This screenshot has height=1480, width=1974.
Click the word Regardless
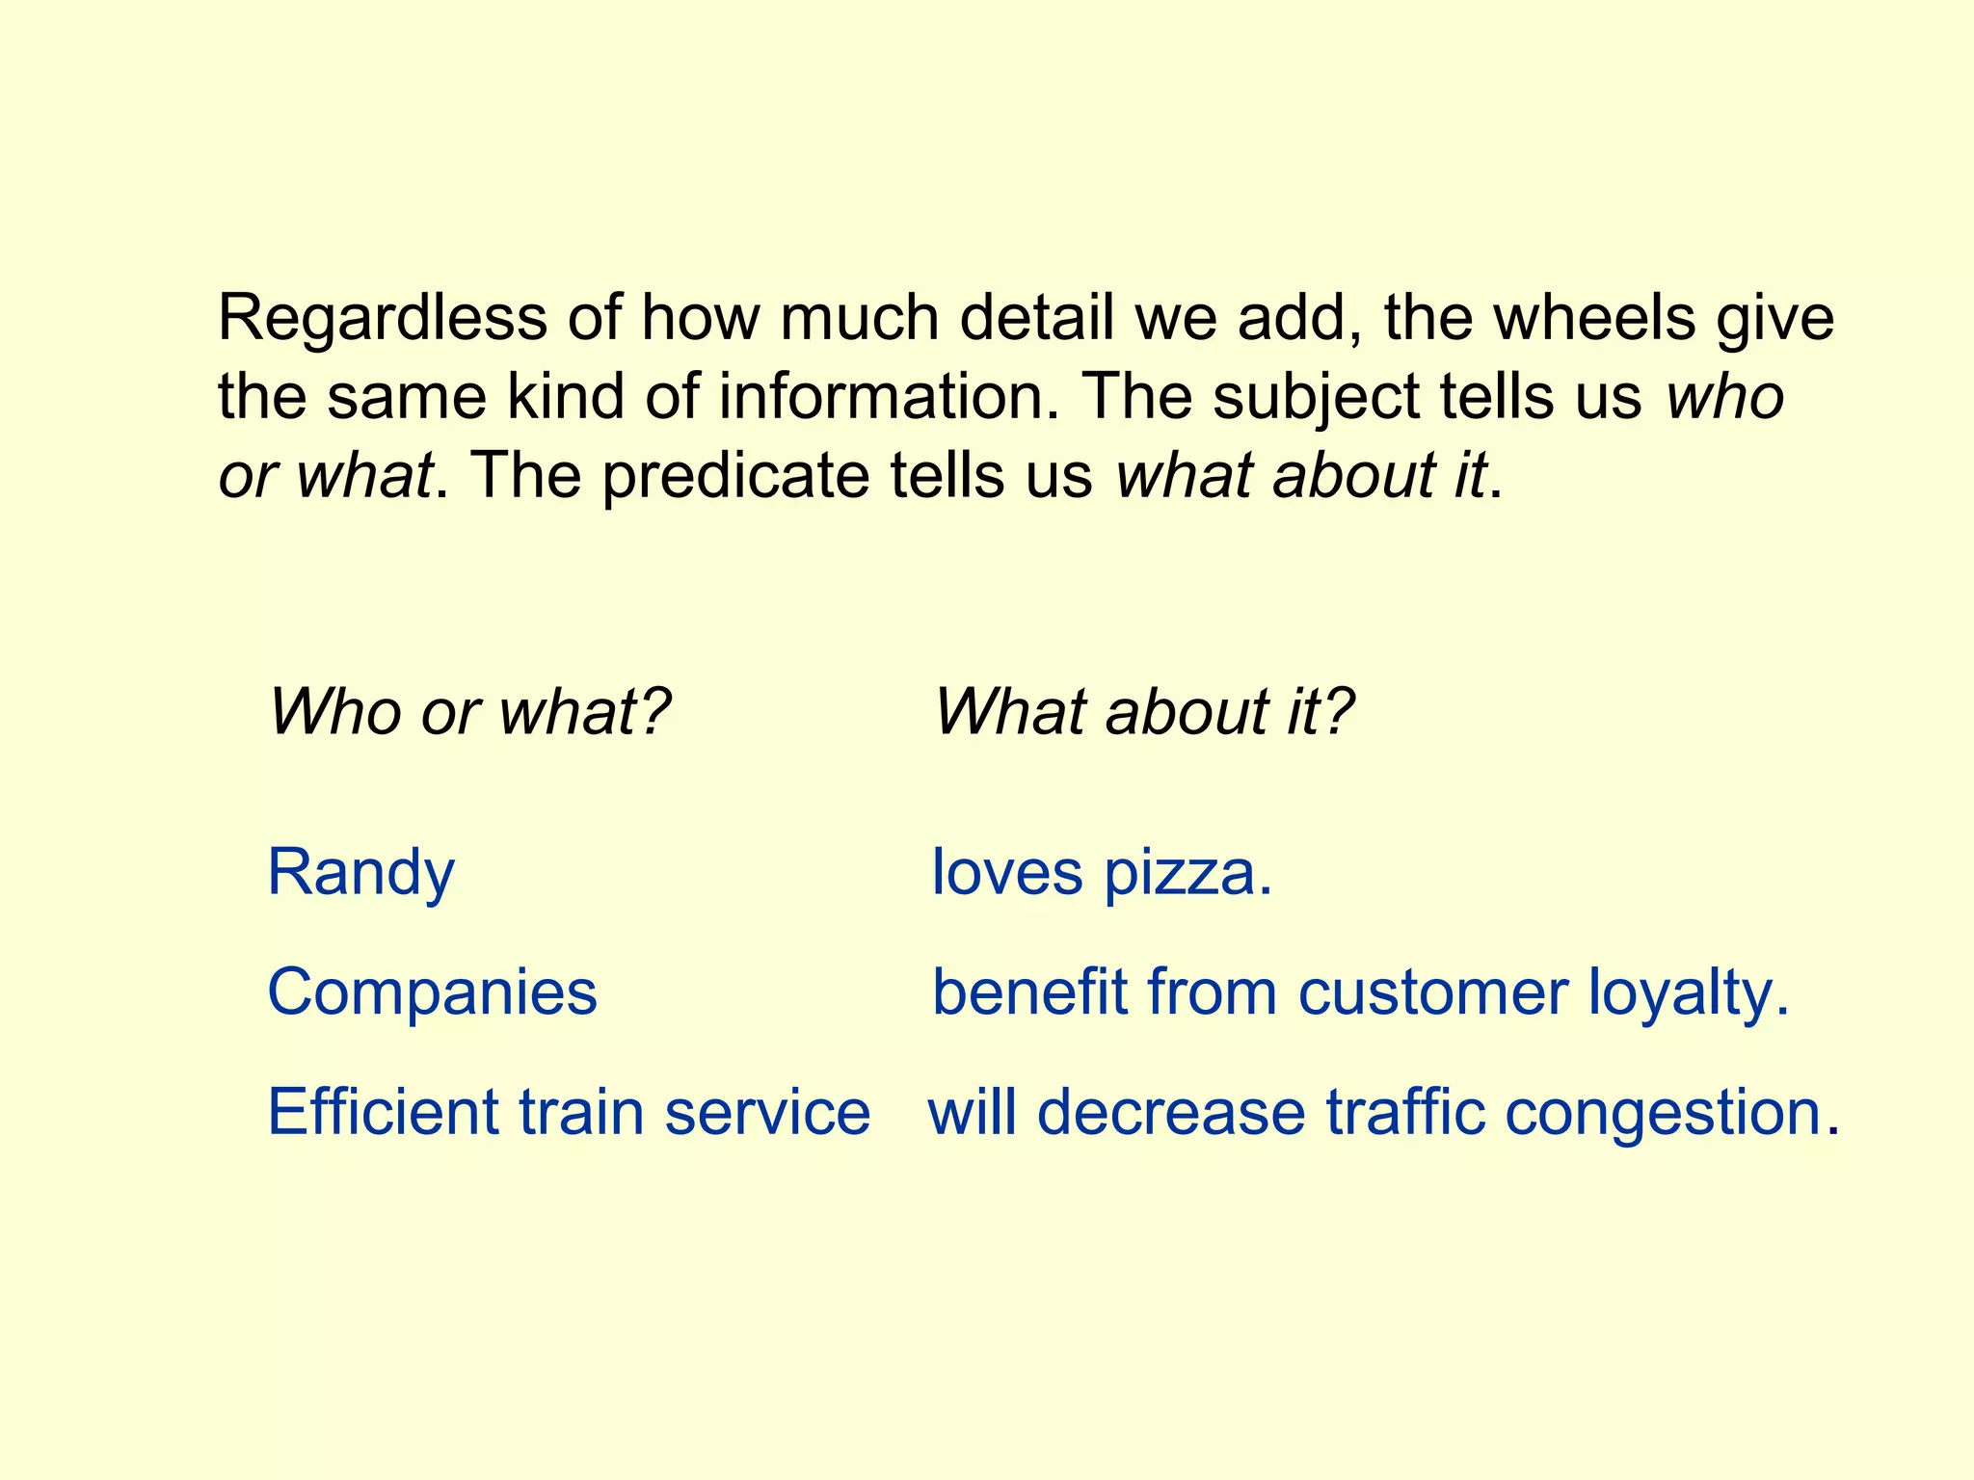click(382, 319)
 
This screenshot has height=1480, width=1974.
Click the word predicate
click(735, 476)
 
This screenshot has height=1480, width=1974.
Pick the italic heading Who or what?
click(469, 712)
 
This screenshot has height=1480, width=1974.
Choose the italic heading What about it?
click(1144, 712)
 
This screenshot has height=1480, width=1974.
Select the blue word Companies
click(432, 992)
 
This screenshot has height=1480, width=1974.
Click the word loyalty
click(1688, 994)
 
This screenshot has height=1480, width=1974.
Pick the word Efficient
click(382, 1112)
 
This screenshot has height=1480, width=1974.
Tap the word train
click(581, 1112)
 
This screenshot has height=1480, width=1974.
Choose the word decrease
click(1171, 1112)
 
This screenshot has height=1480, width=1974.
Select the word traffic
click(1404, 1112)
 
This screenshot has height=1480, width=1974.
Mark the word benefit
click(1029, 992)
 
